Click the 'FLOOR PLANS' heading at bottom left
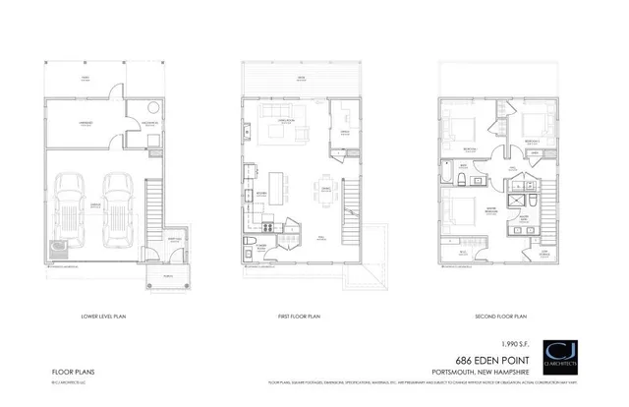coord(70,372)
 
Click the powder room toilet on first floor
coord(253,242)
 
